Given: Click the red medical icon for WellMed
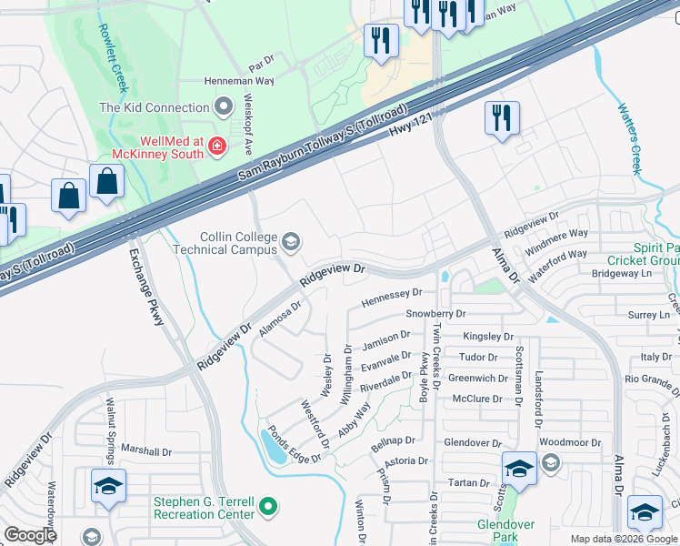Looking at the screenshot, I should click(216, 145).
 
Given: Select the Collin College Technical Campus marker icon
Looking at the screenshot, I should click(291, 240).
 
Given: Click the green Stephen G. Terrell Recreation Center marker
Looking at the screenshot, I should click(267, 505).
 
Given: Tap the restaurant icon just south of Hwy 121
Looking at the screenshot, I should click(502, 118).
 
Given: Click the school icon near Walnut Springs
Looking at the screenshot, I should click(107, 486).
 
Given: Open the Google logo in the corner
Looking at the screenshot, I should click(31, 535).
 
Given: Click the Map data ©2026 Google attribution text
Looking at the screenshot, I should click(623, 539).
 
